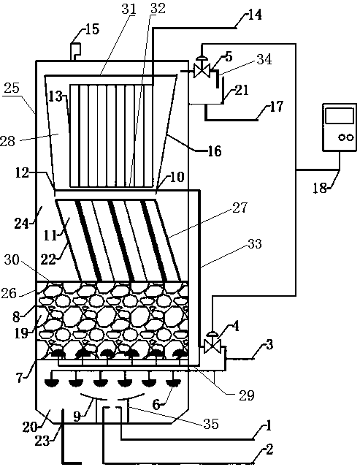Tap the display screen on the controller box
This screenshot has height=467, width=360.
tap(340, 116)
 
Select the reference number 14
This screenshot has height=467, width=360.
tap(254, 15)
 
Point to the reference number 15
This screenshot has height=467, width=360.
tap(92, 29)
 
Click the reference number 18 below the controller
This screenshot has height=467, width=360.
tap(320, 188)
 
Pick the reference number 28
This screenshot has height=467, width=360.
tap(7, 141)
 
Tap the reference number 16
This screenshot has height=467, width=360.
tap(215, 151)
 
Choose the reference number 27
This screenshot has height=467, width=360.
tap(240, 208)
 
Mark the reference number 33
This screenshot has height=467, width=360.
tap(254, 243)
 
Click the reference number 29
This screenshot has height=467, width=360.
tap(247, 395)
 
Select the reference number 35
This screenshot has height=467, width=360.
tap(211, 423)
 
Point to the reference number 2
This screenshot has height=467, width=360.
tap(269, 450)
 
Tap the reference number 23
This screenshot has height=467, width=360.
tap(42, 441)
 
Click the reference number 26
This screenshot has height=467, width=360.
tap(9, 293)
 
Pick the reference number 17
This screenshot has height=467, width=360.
tap(276, 106)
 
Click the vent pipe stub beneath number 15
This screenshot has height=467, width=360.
tap(75, 52)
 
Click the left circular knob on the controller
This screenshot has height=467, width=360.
tap(342, 137)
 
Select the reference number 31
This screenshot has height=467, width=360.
tap(129, 10)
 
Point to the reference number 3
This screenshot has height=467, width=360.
tap(269, 346)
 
